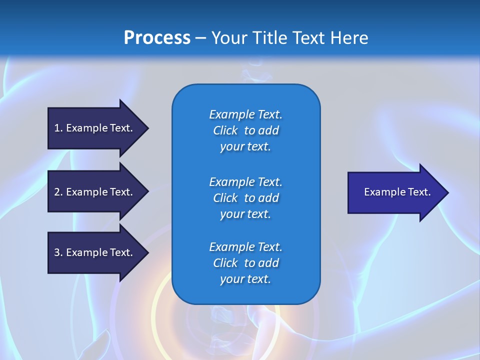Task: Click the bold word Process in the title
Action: (157, 38)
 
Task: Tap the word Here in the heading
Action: (349, 38)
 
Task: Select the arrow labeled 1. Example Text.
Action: (95, 128)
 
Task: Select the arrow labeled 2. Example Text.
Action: (95, 192)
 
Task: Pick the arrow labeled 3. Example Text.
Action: (95, 252)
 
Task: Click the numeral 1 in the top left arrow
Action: (57, 128)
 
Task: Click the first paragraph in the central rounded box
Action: (245, 130)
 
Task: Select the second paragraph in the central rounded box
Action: (245, 198)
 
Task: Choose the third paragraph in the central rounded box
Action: (245, 263)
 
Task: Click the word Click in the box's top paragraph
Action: (225, 130)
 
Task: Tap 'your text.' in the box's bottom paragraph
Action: (245, 279)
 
